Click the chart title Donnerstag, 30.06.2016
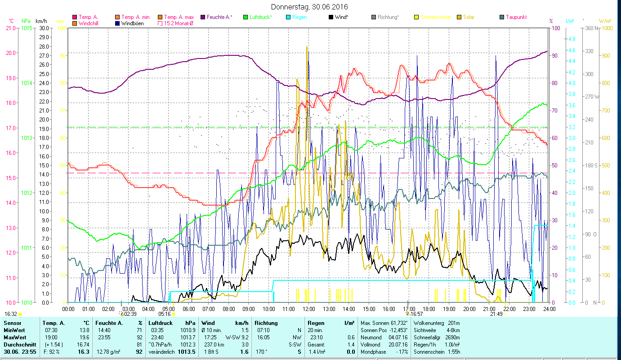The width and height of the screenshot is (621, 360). (310, 7)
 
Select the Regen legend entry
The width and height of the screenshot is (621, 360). (299, 17)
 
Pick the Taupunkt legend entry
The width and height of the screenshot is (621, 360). (516, 17)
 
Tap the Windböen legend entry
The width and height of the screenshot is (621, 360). (133, 23)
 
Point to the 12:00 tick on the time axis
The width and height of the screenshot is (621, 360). (308, 309)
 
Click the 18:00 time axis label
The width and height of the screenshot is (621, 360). (429, 309)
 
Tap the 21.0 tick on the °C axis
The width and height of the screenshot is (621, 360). (10, 28)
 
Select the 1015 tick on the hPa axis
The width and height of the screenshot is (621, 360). (27, 28)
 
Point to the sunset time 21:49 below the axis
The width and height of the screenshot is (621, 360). (496, 314)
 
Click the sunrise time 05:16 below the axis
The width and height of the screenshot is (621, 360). (165, 314)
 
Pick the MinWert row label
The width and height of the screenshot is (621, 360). (14, 330)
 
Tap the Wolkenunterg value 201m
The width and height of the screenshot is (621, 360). (455, 323)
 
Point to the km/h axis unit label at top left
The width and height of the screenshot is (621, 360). (40, 21)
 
